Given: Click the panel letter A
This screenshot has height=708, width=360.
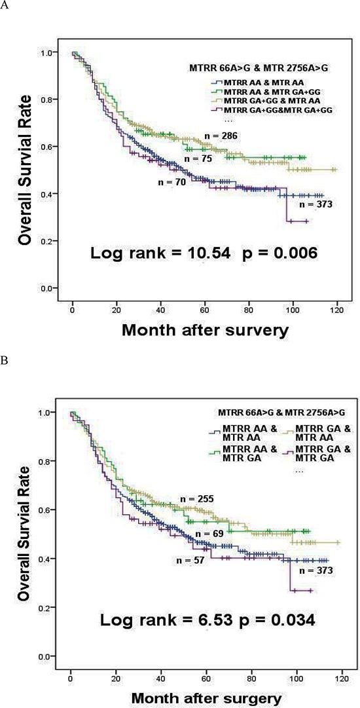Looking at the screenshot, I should point(6,8).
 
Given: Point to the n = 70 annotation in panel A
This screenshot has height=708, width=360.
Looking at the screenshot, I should point(172,183).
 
